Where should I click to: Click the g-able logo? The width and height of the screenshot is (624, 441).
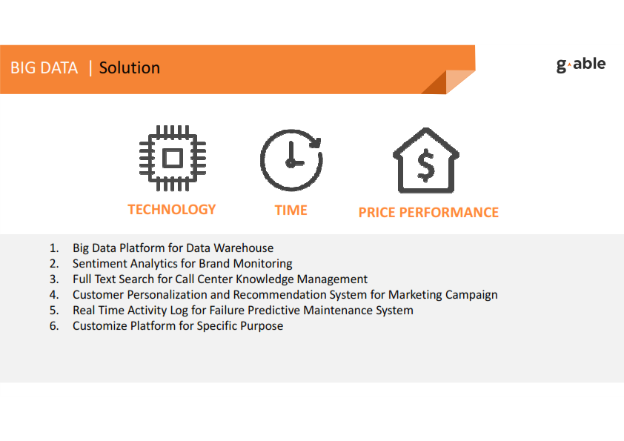(x=580, y=65)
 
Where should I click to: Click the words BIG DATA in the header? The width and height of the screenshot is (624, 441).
(x=44, y=67)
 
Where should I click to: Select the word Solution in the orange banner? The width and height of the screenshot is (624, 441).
(x=130, y=67)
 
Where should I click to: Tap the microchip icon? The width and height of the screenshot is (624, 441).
(x=173, y=158)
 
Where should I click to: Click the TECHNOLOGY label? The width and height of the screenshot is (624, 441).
(x=171, y=209)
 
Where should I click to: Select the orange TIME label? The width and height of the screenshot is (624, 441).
(x=291, y=210)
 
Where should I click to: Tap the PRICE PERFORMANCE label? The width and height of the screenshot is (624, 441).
(x=428, y=212)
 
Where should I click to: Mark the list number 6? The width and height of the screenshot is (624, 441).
(x=54, y=326)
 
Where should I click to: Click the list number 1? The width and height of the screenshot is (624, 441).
(x=54, y=248)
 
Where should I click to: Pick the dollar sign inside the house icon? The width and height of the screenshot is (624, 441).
(x=426, y=165)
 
